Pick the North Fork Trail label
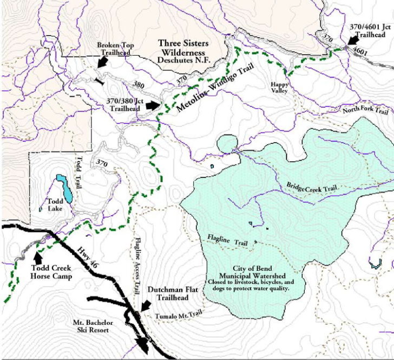pyautogui.click(x=365, y=111)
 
